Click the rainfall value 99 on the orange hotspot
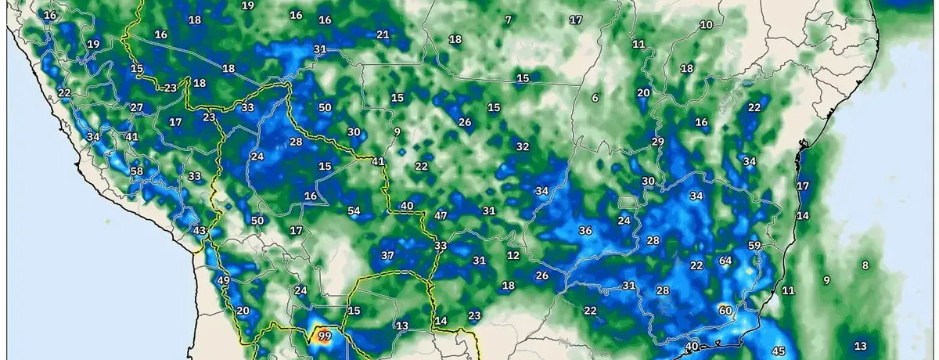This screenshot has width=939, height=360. (325, 337)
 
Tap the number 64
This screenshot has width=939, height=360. (725, 261)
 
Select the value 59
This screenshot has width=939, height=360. (754, 246)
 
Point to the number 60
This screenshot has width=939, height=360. (725, 311)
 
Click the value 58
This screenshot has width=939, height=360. (137, 171)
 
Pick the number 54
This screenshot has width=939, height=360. (354, 211)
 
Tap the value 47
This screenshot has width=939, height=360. (441, 216)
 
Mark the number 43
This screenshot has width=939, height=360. (200, 230)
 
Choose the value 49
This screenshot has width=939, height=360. (224, 281)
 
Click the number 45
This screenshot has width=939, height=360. (779, 351)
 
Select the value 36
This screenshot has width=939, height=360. (585, 230)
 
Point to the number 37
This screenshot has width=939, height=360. (387, 256)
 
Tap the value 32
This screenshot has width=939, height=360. (523, 146)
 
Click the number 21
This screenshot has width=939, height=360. (383, 34)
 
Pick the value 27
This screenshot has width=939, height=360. (137, 107)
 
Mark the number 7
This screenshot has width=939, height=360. (508, 20)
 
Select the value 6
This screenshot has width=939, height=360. (595, 98)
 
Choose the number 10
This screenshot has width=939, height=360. (706, 25)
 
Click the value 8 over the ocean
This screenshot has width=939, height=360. (865, 265)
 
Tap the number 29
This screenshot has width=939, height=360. (657, 142)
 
